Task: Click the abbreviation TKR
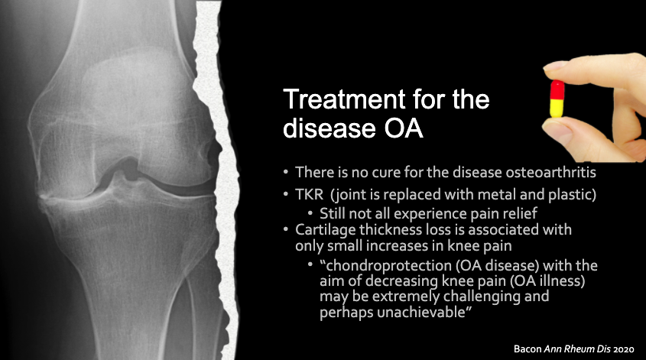pyautogui.click(x=310, y=196)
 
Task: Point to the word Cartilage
pyautogui.click(x=323, y=230)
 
